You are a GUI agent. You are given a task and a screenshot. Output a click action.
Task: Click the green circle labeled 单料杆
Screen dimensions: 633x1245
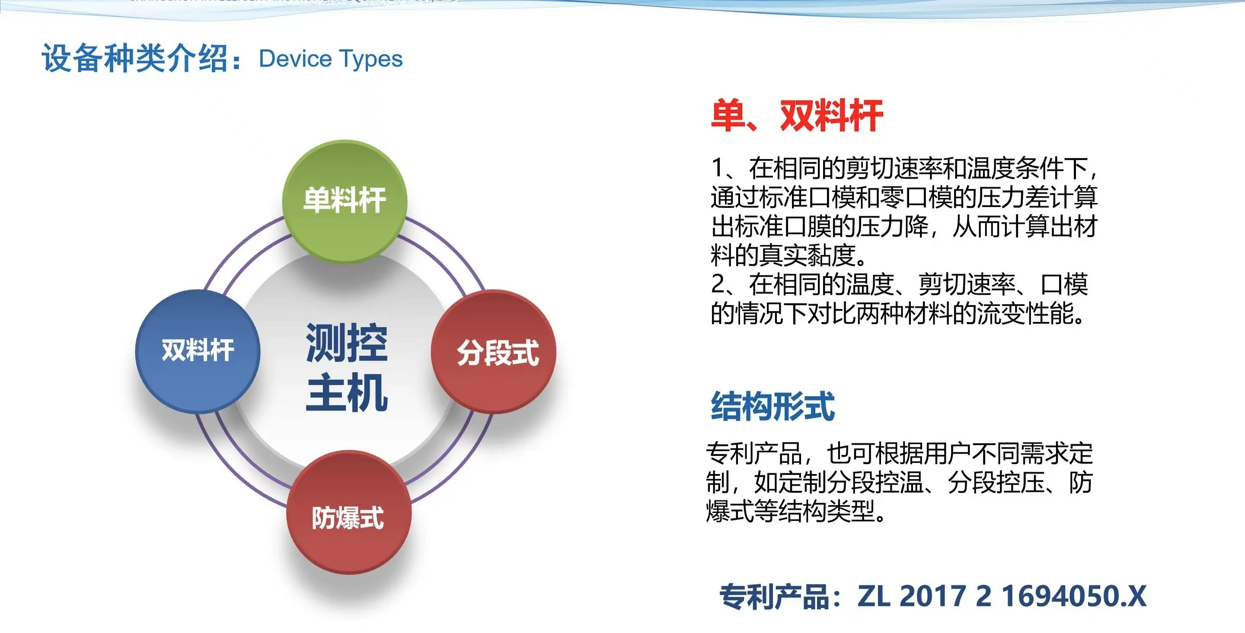(344, 200)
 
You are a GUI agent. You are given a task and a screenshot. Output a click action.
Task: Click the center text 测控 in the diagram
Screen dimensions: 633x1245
(347, 343)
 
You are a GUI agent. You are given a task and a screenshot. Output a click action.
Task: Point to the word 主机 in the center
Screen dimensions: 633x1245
(347, 392)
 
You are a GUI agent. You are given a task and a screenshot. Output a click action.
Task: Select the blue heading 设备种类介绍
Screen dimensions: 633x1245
(135, 58)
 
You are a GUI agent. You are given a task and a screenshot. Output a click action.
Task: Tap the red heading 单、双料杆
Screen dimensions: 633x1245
(796, 116)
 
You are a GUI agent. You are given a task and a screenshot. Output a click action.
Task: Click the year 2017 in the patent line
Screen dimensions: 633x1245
(932, 595)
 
